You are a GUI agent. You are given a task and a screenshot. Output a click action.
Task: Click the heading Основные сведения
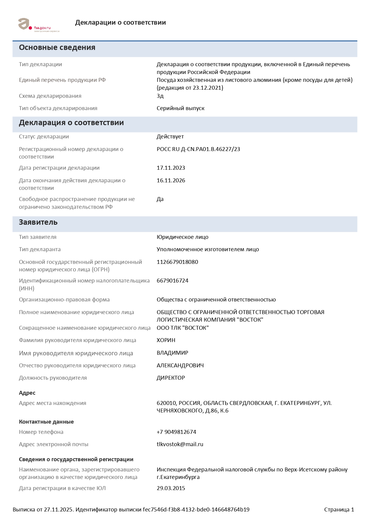[57, 48]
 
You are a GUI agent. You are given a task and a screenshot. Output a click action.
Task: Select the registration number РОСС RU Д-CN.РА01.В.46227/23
[198, 149]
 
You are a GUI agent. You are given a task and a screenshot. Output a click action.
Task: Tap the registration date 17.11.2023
[171, 168]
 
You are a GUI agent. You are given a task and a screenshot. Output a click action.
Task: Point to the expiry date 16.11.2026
[171, 181]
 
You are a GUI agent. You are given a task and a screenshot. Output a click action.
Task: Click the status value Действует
[170, 137]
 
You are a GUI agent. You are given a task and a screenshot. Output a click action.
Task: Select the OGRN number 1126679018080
[177, 262]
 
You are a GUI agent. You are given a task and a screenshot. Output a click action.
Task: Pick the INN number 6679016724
[172, 281]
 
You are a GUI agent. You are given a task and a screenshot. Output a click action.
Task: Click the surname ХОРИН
[166, 340]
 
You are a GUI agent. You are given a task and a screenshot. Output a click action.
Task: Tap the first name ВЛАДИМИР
[172, 353]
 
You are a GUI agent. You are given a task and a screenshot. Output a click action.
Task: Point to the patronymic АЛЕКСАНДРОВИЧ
[180, 366]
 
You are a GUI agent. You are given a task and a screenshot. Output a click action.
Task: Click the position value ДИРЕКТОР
[171, 378]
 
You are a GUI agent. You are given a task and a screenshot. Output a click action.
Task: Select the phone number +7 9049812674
[176, 432]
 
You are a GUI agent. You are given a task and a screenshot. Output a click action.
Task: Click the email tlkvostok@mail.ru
[180, 444]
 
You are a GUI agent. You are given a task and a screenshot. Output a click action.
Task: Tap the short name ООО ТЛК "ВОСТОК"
[183, 328]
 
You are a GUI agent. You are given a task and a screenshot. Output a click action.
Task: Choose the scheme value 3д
[160, 96]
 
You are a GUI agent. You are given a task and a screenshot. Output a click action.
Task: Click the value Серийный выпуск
[180, 108]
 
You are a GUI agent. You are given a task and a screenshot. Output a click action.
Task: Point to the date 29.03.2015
[171, 488]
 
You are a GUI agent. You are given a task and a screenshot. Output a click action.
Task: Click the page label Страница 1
[339, 510]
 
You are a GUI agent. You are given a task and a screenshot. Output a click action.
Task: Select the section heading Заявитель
[38, 222]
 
